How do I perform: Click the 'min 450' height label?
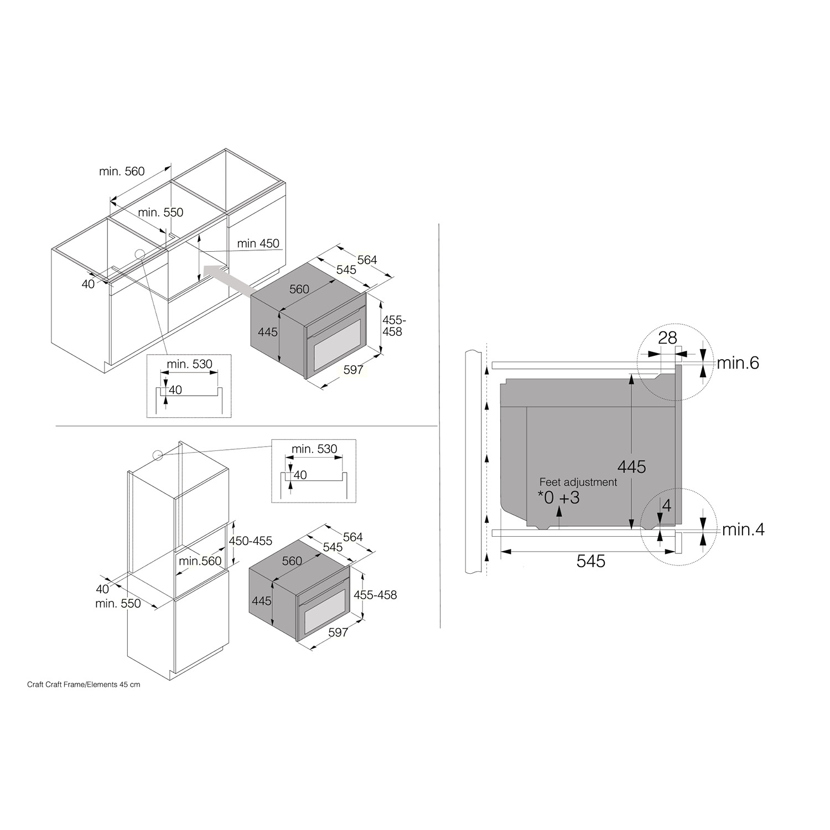tap(258, 243)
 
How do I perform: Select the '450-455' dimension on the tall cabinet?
tap(251, 541)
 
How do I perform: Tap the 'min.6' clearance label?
tap(738, 363)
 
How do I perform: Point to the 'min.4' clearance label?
tap(743, 530)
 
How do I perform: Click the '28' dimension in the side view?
tap(668, 338)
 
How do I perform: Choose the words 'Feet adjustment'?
tap(578, 482)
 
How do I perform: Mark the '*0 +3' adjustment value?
tap(559, 497)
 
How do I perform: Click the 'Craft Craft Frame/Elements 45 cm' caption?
tap(84, 684)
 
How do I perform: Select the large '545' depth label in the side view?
tap(591, 561)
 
